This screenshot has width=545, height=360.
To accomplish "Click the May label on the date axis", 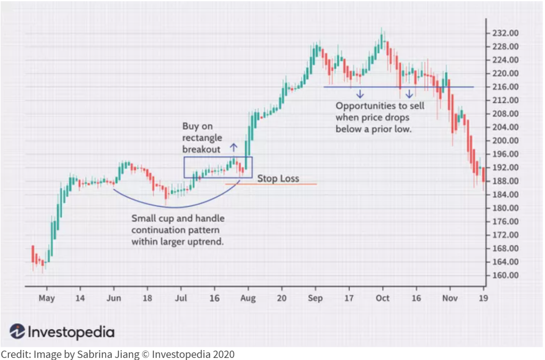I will (x=46, y=298).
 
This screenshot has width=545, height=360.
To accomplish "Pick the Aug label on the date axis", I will (x=247, y=298).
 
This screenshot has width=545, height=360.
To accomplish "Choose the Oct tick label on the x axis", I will (x=382, y=298).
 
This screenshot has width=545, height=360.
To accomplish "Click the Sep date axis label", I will (x=315, y=298).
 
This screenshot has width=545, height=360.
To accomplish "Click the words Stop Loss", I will (x=278, y=179).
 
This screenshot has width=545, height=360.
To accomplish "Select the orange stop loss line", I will (x=271, y=185).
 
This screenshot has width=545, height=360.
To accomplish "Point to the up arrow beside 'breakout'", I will (x=233, y=148).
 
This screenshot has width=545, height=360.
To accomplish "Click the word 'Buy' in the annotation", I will (x=191, y=127).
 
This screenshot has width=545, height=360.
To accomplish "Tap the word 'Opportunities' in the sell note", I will (x=361, y=106).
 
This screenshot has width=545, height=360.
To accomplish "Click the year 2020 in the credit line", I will (x=221, y=354).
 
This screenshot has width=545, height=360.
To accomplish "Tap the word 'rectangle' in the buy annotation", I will (x=202, y=138).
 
